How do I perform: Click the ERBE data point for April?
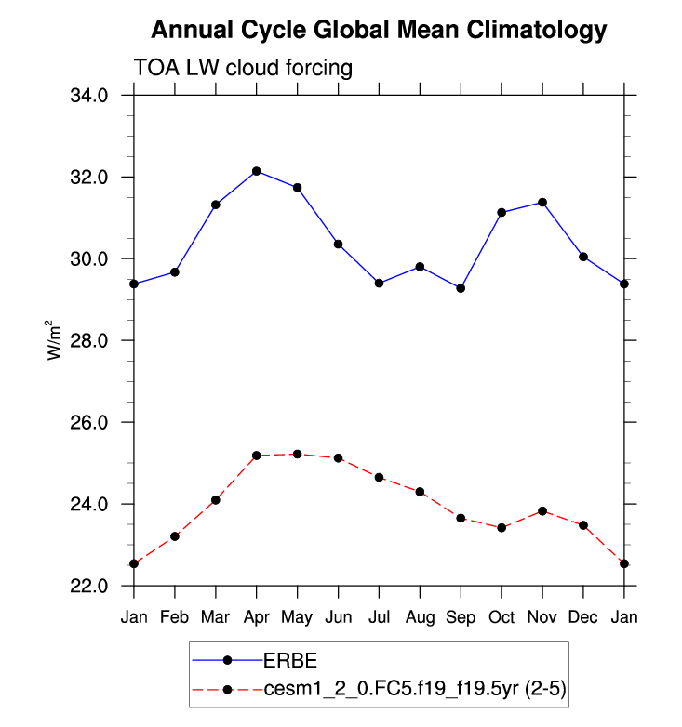[256, 171]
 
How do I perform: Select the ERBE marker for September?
[461, 288]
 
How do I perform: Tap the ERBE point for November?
[542, 203]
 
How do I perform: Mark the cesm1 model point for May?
[297, 454]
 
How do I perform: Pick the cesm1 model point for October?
[501, 528]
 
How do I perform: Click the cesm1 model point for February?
[174, 536]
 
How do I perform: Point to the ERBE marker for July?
[379, 283]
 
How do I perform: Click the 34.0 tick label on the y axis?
[90, 95]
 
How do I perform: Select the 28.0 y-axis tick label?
[90, 340]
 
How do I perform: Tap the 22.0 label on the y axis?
[90, 587]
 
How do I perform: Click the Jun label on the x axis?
[338, 617]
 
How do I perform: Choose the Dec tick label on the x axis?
[583, 617]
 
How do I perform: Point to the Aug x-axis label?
[420, 617]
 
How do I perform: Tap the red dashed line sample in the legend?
[226, 689]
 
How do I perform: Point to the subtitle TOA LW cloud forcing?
[244, 68]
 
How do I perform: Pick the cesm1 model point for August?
[420, 492]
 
